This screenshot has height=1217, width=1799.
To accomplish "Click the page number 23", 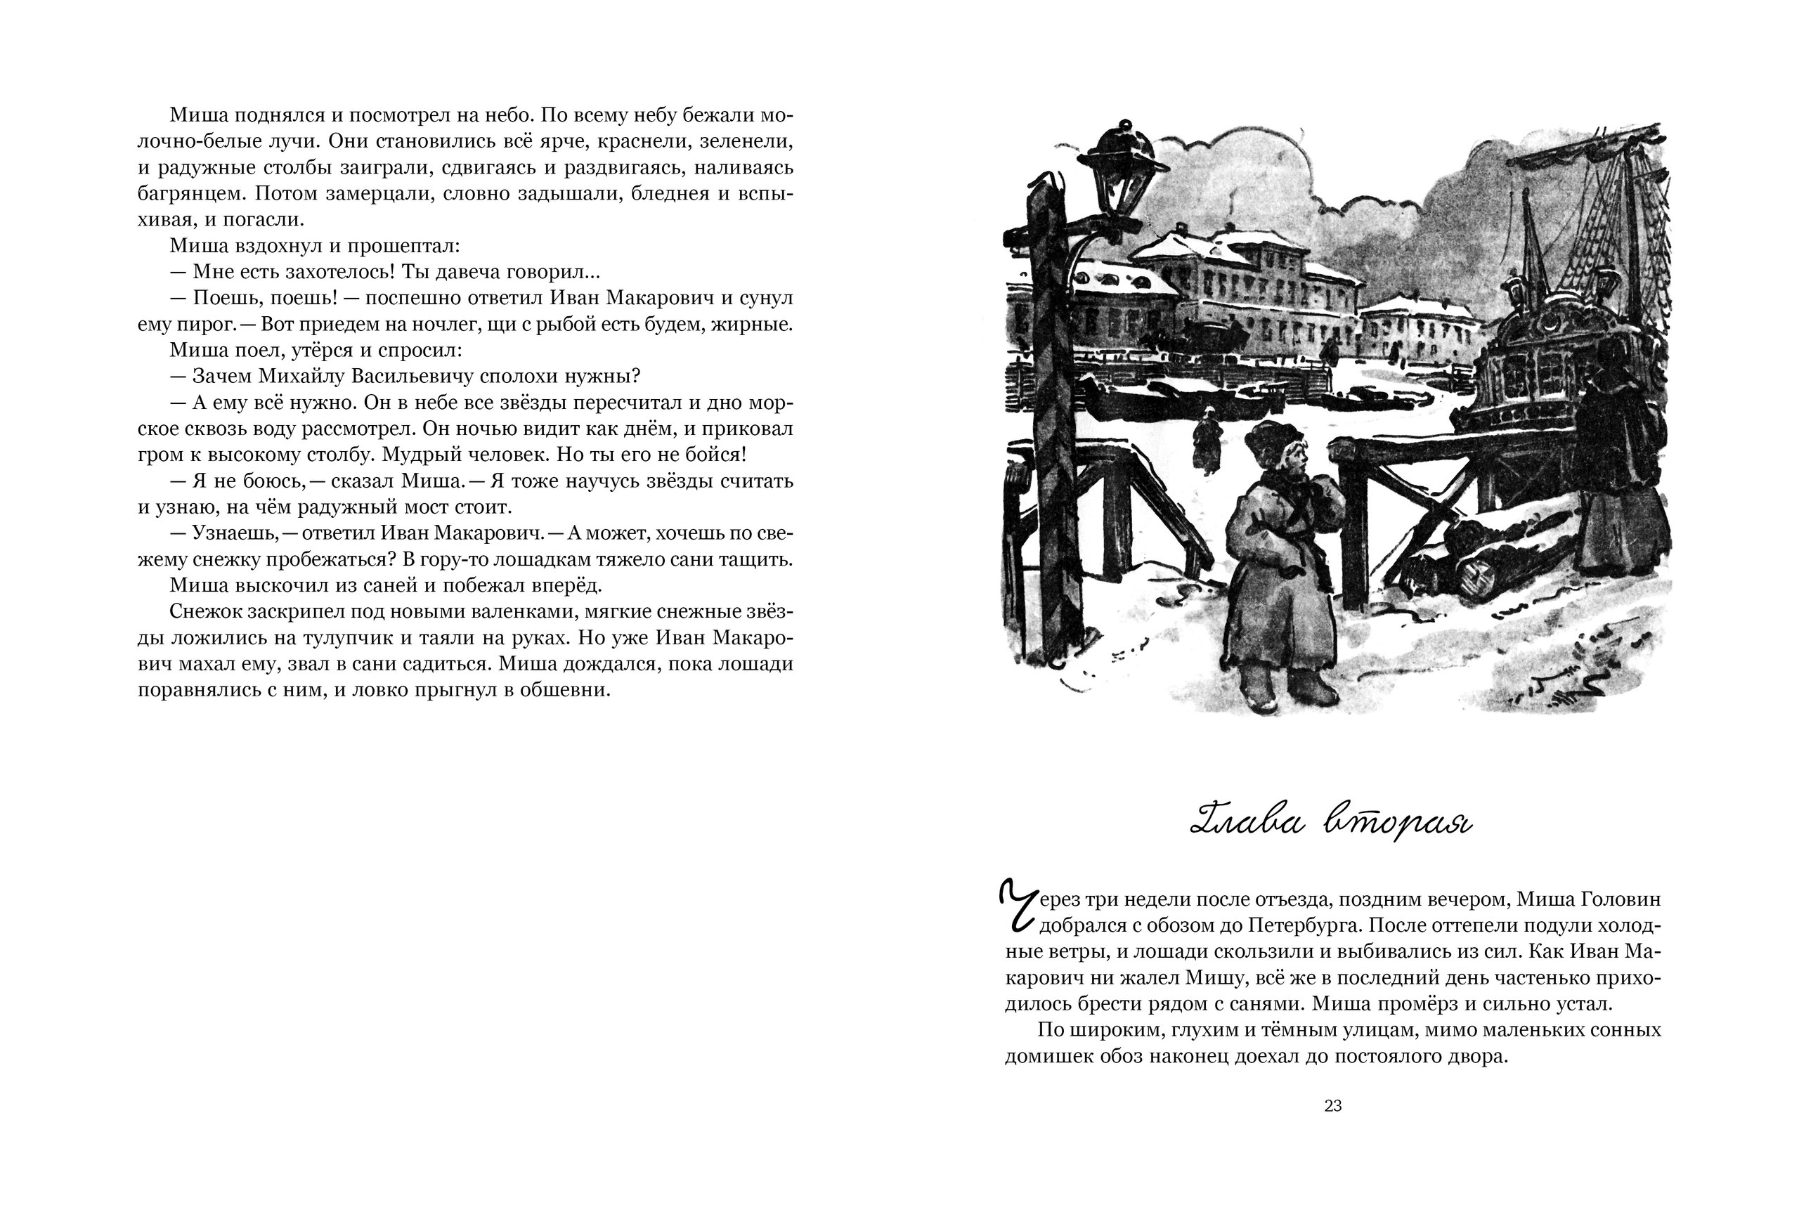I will tap(1332, 1106).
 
